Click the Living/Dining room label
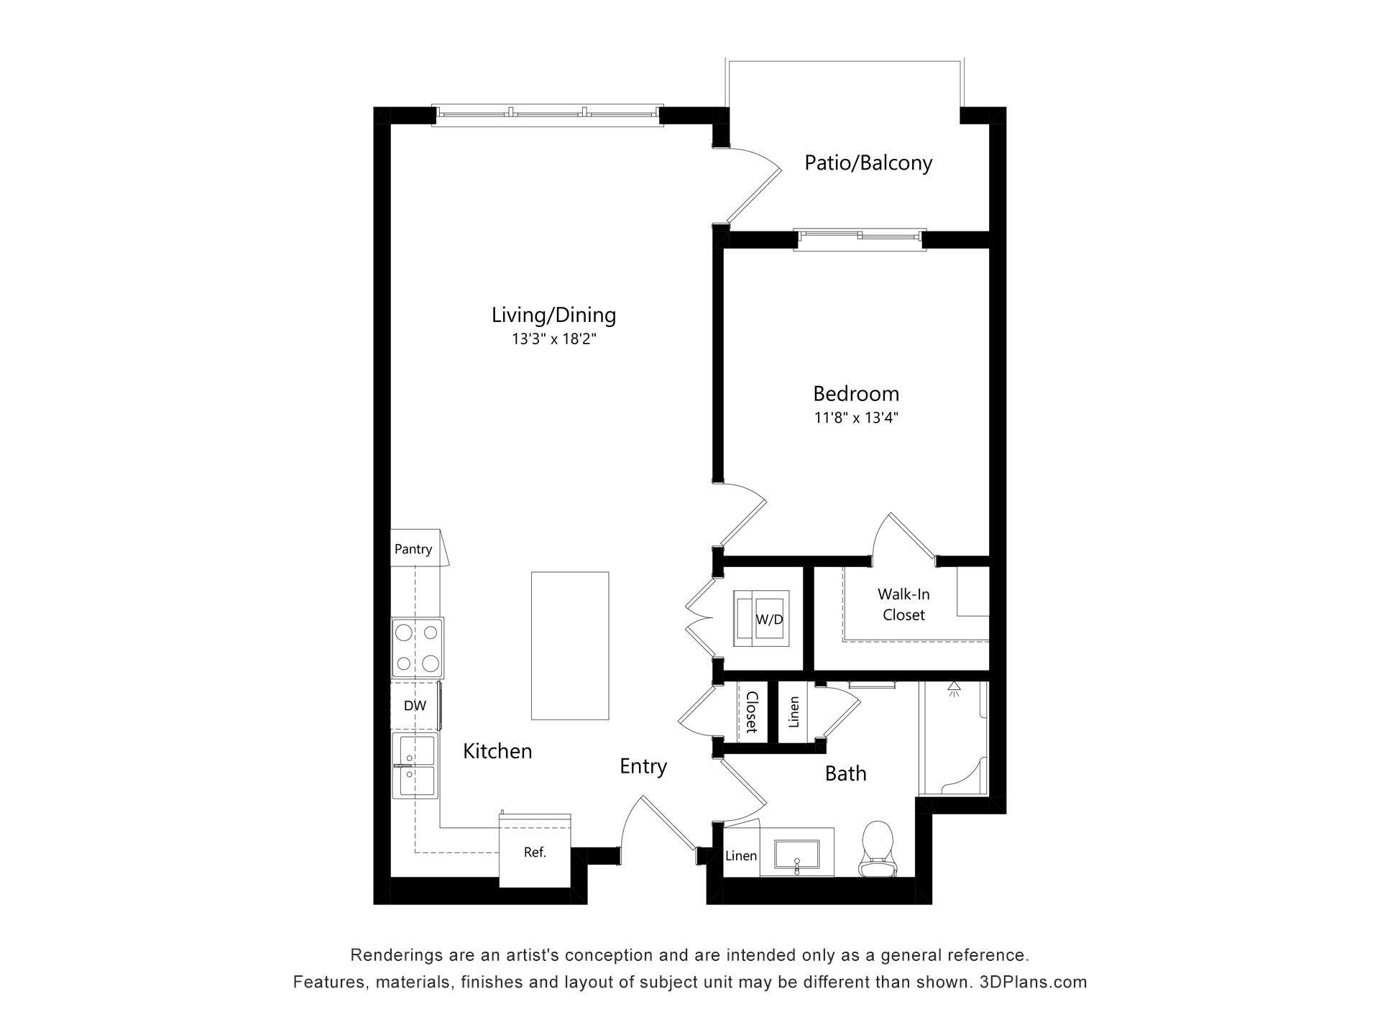(553, 315)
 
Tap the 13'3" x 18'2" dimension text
(553, 339)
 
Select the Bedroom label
(856, 394)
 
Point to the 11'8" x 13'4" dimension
(856, 418)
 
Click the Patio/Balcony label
(868, 162)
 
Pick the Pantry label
(413, 549)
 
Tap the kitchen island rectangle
(570, 645)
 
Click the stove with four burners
(417, 648)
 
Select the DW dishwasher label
(415, 706)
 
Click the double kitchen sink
(414, 765)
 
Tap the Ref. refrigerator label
(535, 852)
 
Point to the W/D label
(769, 620)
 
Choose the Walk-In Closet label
(903, 604)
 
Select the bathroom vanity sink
(796, 854)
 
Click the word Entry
(643, 767)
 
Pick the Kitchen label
(497, 751)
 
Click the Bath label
(845, 773)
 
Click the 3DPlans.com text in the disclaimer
(1033, 982)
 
